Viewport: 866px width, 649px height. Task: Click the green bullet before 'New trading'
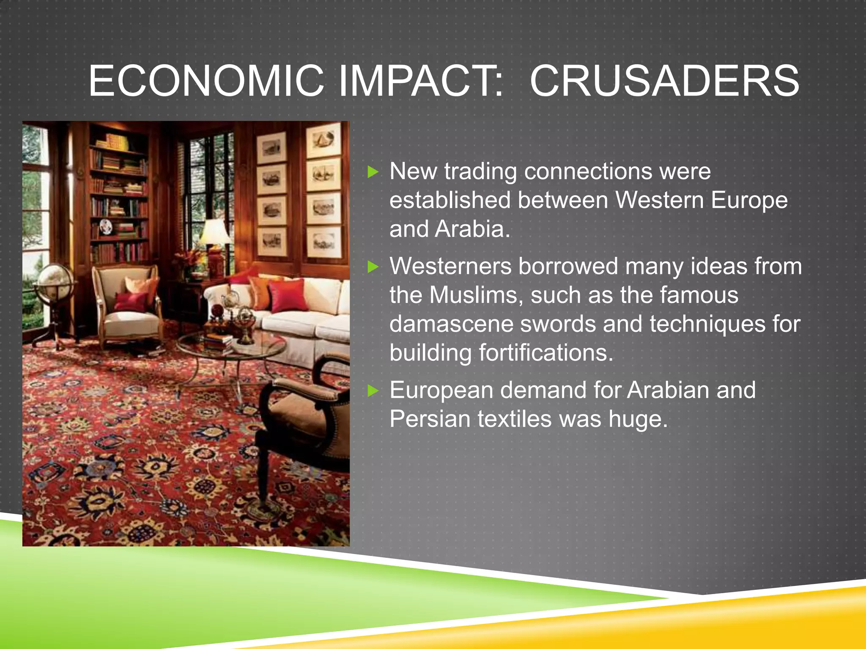373,172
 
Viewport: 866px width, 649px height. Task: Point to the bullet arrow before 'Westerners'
373,267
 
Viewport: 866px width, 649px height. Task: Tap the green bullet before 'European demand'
373,390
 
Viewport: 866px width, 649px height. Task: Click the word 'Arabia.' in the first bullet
473,229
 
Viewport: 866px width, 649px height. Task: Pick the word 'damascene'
451,324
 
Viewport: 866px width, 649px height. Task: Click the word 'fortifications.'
546,353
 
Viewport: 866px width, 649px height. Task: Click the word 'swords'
558,324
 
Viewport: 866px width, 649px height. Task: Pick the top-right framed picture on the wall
324,140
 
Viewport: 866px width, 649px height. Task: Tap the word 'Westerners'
450,267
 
